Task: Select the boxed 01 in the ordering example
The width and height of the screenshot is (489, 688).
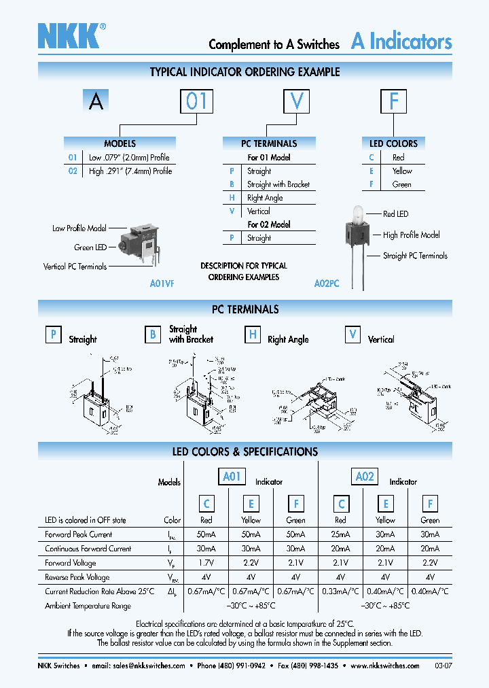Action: tap(196, 101)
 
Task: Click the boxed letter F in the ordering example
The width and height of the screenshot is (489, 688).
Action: tap(394, 101)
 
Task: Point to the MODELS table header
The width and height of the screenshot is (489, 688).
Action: tap(120, 143)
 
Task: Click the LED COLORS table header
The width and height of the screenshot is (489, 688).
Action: tap(393, 143)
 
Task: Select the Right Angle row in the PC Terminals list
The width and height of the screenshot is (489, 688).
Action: tap(265, 198)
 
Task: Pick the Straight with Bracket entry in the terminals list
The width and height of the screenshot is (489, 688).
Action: tap(278, 184)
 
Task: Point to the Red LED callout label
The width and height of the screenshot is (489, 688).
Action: tap(395, 214)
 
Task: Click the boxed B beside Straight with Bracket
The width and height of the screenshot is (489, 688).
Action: tap(153, 334)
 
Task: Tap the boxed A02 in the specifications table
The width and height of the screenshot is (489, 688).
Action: tap(365, 477)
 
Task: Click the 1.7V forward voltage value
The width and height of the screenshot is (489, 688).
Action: tap(206, 563)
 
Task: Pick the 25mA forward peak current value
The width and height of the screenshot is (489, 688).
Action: tap(341, 534)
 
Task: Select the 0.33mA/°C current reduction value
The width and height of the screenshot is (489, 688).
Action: tap(341, 591)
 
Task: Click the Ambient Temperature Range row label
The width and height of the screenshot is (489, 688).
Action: tap(88, 606)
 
